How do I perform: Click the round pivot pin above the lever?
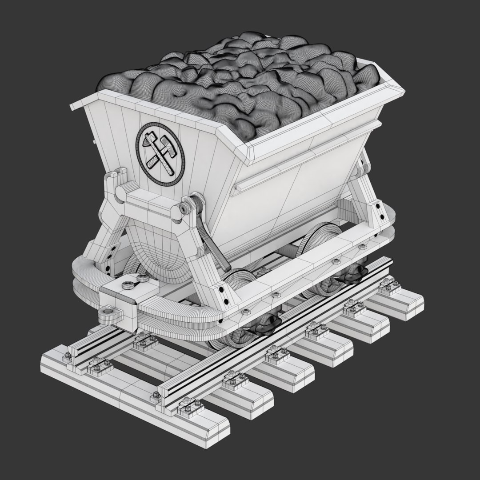click(x=184, y=208)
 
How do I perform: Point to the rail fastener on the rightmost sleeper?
click(x=390, y=287)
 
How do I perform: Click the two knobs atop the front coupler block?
click(x=136, y=281)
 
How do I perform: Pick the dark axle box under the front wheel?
click(x=266, y=327)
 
